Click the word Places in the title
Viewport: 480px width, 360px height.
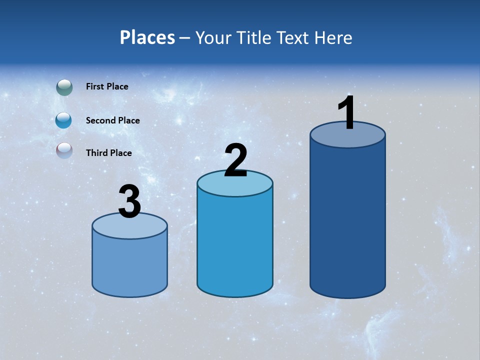[147, 37]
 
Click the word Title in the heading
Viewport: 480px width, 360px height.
[253, 37]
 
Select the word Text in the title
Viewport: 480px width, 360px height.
[293, 37]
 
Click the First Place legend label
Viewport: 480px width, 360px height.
[107, 86]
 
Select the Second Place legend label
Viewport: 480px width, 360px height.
[112, 120]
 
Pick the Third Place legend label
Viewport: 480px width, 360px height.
[108, 153]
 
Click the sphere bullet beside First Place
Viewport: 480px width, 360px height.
[64, 87]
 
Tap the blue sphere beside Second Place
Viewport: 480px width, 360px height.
[64, 120]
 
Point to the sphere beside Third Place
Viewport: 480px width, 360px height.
[64, 150]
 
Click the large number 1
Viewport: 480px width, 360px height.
[346, 114]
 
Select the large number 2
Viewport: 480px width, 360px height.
[235, 161]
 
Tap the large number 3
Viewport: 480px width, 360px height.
[129, 202]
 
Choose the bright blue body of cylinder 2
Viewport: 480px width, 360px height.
[234, 245]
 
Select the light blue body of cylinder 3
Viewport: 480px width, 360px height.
[129, 265]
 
